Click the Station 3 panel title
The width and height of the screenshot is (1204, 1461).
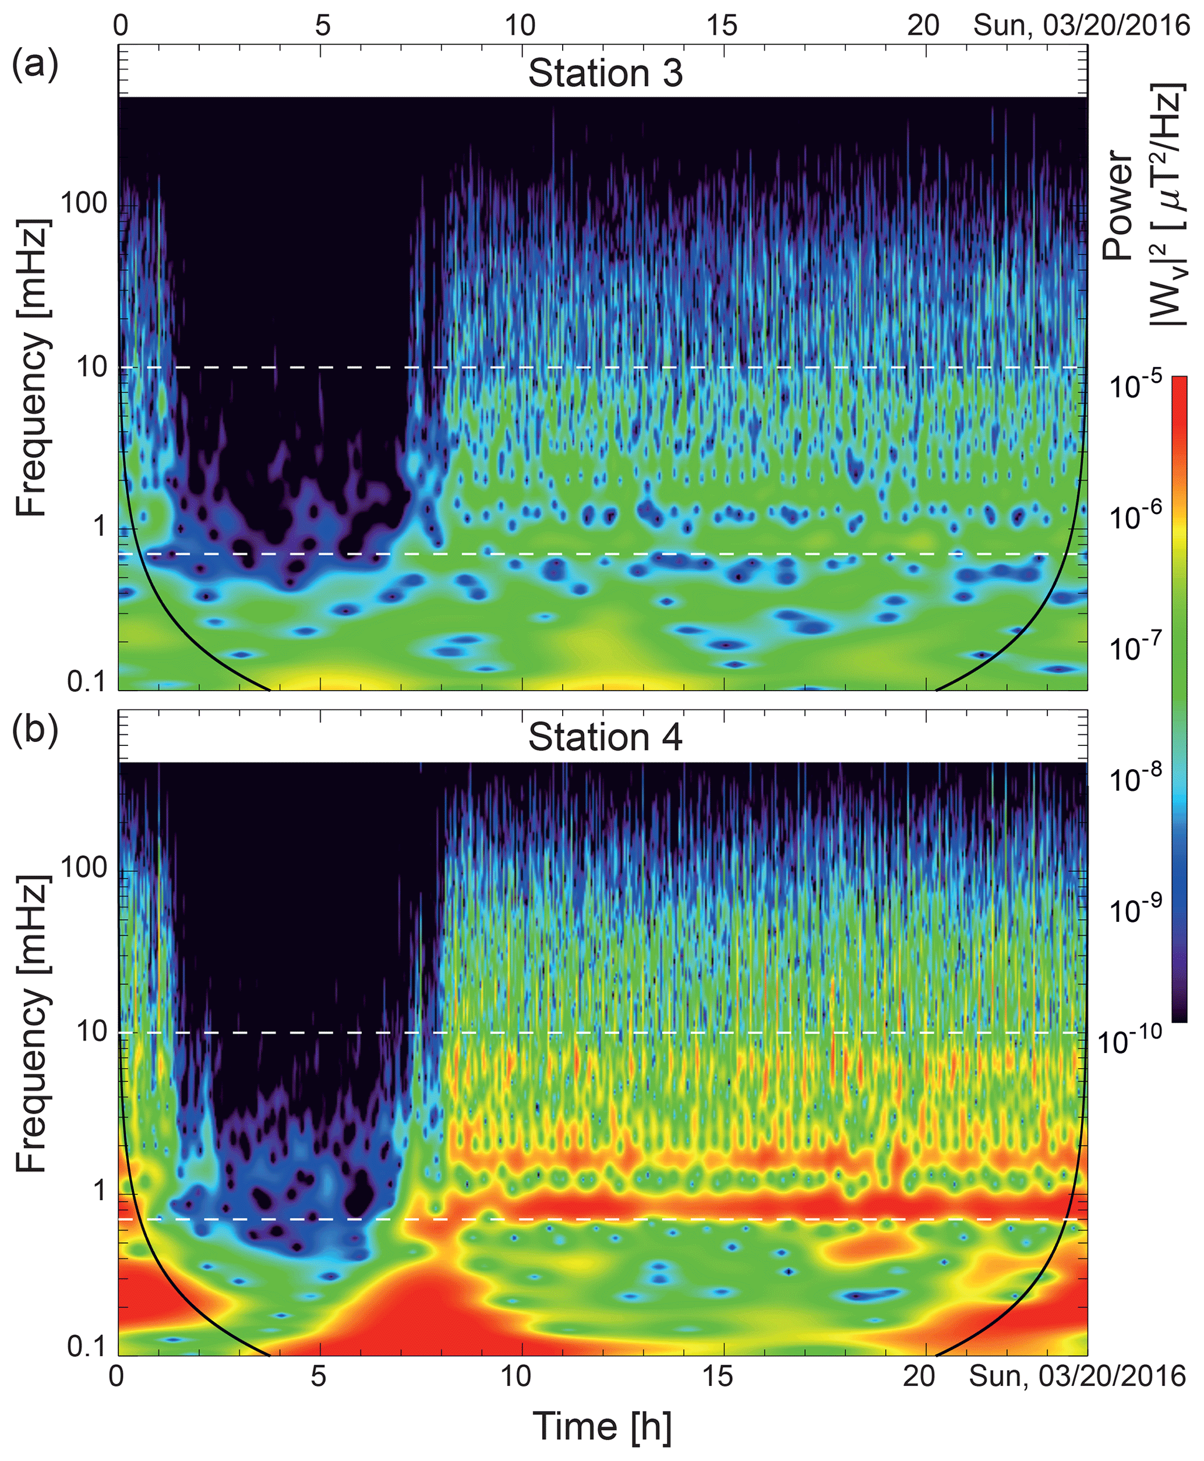point(605,73)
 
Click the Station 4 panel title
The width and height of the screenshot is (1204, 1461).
point(605,737)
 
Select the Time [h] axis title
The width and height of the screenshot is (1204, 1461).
point(602,1425)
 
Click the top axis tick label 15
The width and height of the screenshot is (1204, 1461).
point(722,25)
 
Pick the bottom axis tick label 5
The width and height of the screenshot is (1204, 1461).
point(319,1374)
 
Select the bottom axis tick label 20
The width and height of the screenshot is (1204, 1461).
point(920,1374)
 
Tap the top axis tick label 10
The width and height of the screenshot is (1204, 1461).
point(520,25)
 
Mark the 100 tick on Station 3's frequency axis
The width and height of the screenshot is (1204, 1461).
point(83,203)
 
